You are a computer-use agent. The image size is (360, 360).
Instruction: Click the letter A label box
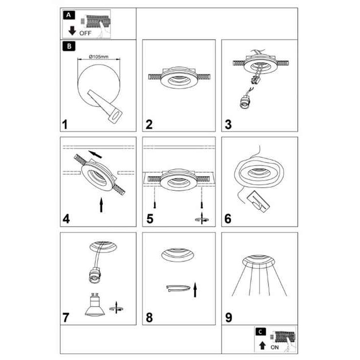[68, 15]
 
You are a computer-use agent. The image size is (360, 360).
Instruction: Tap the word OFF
[85, 33]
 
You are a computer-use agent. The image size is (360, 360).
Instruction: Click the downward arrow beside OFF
[72, 31]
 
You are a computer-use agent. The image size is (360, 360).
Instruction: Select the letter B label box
[69, 46]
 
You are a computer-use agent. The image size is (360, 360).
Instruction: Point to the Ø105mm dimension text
[99, 57]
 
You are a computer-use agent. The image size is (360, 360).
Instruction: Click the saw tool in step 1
[105, 106]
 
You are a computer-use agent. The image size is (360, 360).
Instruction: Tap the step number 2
[149, 124]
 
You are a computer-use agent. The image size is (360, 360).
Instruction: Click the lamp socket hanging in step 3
[244, 102]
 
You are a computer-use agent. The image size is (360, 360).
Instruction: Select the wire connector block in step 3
[256, 80]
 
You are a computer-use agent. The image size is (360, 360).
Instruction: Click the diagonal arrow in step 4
[95, 154]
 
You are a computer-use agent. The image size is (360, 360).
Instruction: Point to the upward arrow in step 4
[101, 205]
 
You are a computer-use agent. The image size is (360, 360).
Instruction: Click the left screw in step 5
[155, 204]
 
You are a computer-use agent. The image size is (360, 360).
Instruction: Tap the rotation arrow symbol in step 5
[202, 219]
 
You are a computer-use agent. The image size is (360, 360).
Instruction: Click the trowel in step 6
[258, 201]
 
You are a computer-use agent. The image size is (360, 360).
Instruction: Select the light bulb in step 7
[95, 304]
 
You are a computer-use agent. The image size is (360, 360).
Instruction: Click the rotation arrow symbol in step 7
[116, 308]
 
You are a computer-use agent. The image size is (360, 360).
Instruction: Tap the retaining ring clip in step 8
[178, 288]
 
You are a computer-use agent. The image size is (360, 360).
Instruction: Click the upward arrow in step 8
[195, 290]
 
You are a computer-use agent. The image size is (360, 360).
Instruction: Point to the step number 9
[229, 317]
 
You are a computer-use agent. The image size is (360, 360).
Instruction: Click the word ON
[275, 347]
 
